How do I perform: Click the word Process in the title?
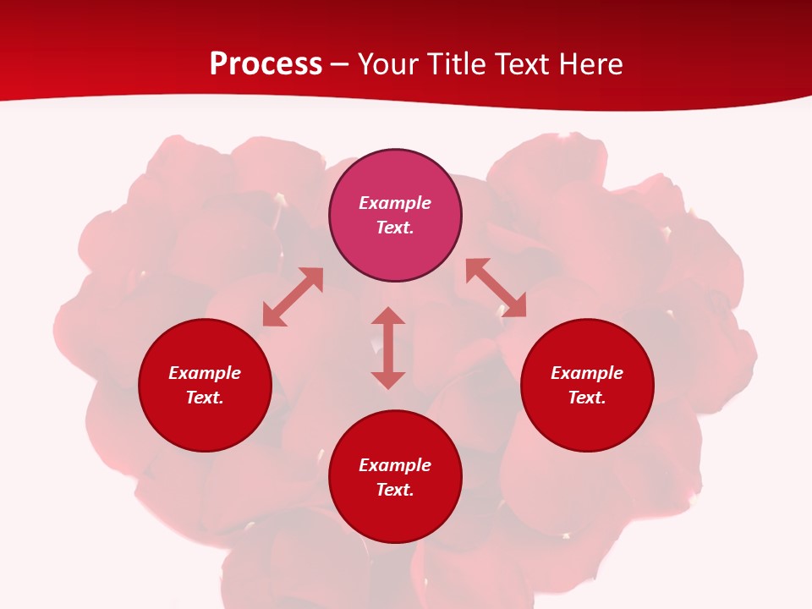click(x=266, y=64)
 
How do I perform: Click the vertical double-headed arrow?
click(x=388, y=348)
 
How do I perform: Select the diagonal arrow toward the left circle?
click(x=293, y=297)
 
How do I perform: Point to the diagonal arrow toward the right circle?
click(x=496, y=288)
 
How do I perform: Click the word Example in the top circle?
click(x=395, y=203)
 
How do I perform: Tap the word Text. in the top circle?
click(x=395, y=228)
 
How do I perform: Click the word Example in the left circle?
click(x=205, y=373)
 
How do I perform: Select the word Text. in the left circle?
click(x=205, y=398)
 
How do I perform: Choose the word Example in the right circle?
click(x=587, y=373)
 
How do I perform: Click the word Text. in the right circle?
click(x=587, y=398)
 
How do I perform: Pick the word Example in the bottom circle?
click(x=395, y=465)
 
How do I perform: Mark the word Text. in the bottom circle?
click(x=395, y=490)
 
